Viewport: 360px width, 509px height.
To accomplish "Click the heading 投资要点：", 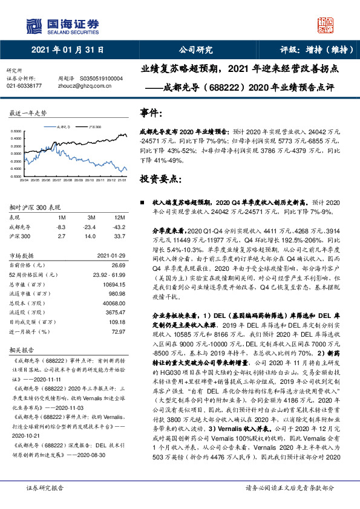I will coord(159,179).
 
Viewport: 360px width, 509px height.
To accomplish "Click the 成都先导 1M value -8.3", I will coord(61,227).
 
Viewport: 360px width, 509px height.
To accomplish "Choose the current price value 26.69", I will coord(118,265).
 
